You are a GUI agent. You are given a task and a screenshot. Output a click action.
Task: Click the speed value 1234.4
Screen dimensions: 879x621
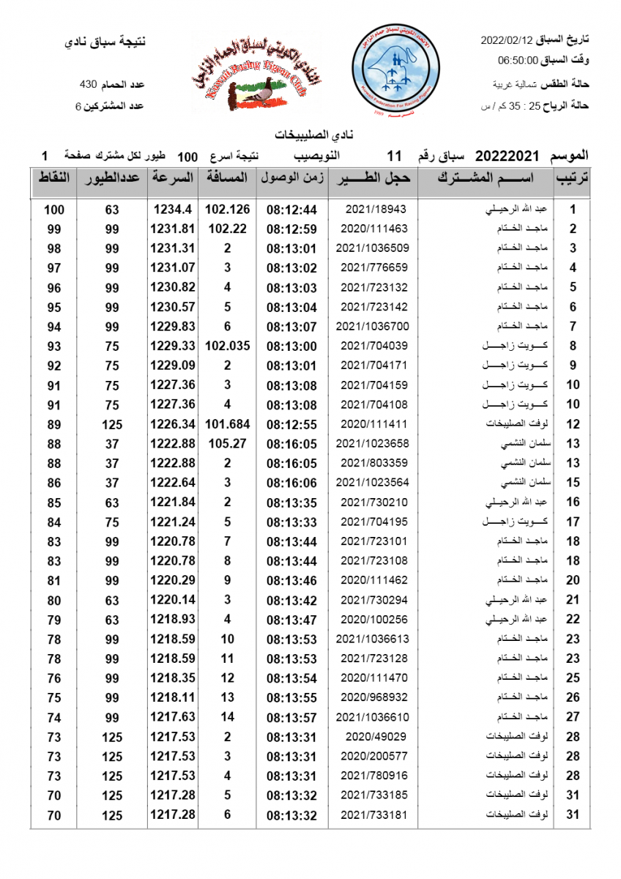(172, 209)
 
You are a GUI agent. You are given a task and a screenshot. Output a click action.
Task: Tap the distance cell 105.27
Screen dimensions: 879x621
(227, 443)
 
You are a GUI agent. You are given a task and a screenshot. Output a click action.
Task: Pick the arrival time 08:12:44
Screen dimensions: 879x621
(291, 209)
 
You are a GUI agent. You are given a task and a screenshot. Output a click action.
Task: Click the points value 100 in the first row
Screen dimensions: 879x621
(54, 209)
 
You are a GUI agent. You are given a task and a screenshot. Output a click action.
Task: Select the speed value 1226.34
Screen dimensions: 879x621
(172, 423)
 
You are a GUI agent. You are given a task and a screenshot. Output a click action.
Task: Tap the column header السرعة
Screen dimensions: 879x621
(172, 178)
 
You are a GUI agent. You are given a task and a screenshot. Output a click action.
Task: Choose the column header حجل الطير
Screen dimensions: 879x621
(373, 178)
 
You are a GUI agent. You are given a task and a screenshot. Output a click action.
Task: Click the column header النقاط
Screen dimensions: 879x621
(54, 178)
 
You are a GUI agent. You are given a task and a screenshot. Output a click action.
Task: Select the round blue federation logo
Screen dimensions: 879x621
(395, 72)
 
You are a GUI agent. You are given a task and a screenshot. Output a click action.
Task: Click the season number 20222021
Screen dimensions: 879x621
(507, 156)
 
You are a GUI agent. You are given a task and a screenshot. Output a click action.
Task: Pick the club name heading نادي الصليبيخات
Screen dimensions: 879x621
(310, 136)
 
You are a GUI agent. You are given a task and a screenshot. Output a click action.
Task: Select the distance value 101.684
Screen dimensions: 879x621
(227, 423)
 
